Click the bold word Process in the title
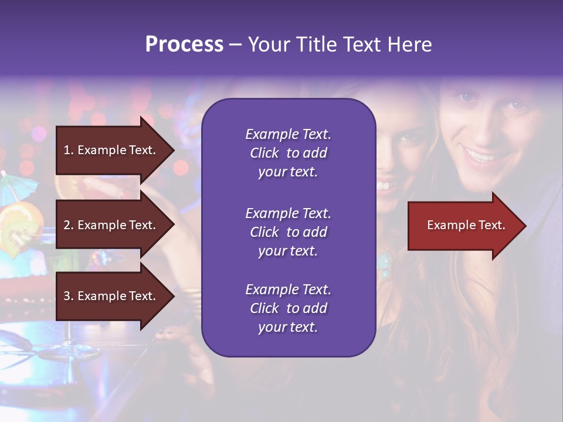184,45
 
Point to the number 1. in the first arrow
69,150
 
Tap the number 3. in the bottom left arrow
69,296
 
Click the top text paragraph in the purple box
288,153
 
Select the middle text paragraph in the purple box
288,232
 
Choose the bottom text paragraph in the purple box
288,308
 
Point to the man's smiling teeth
482,156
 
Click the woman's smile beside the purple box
385,186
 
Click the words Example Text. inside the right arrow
466,225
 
